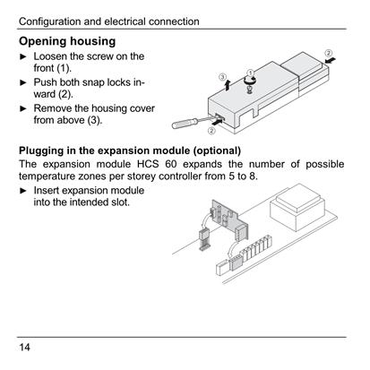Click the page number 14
pos(24,347)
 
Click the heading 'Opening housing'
pos(67,41)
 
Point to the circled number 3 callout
pos(222,77)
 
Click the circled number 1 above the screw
pos(251,73)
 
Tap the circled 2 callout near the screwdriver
pos(211,131)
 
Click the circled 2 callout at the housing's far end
pos(328,53)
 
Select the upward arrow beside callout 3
pos(228,85)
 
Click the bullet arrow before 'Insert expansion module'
pos(23,191)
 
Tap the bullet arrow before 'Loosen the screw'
pos(23,56)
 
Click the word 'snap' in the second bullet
pos(93,82)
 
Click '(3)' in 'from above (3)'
pos(94,120)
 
